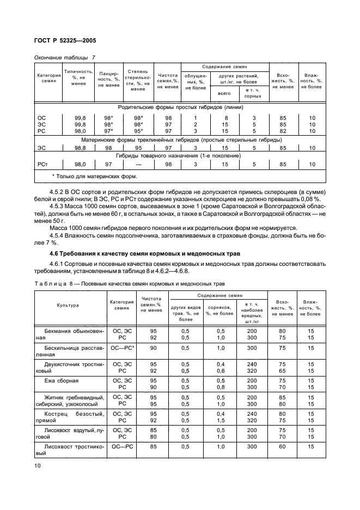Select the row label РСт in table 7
(x=42, y=164)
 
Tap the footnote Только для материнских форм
(x=94, y=176)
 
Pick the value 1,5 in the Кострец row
(x=221, y=420)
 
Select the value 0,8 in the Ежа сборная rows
(x=221, y=387)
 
